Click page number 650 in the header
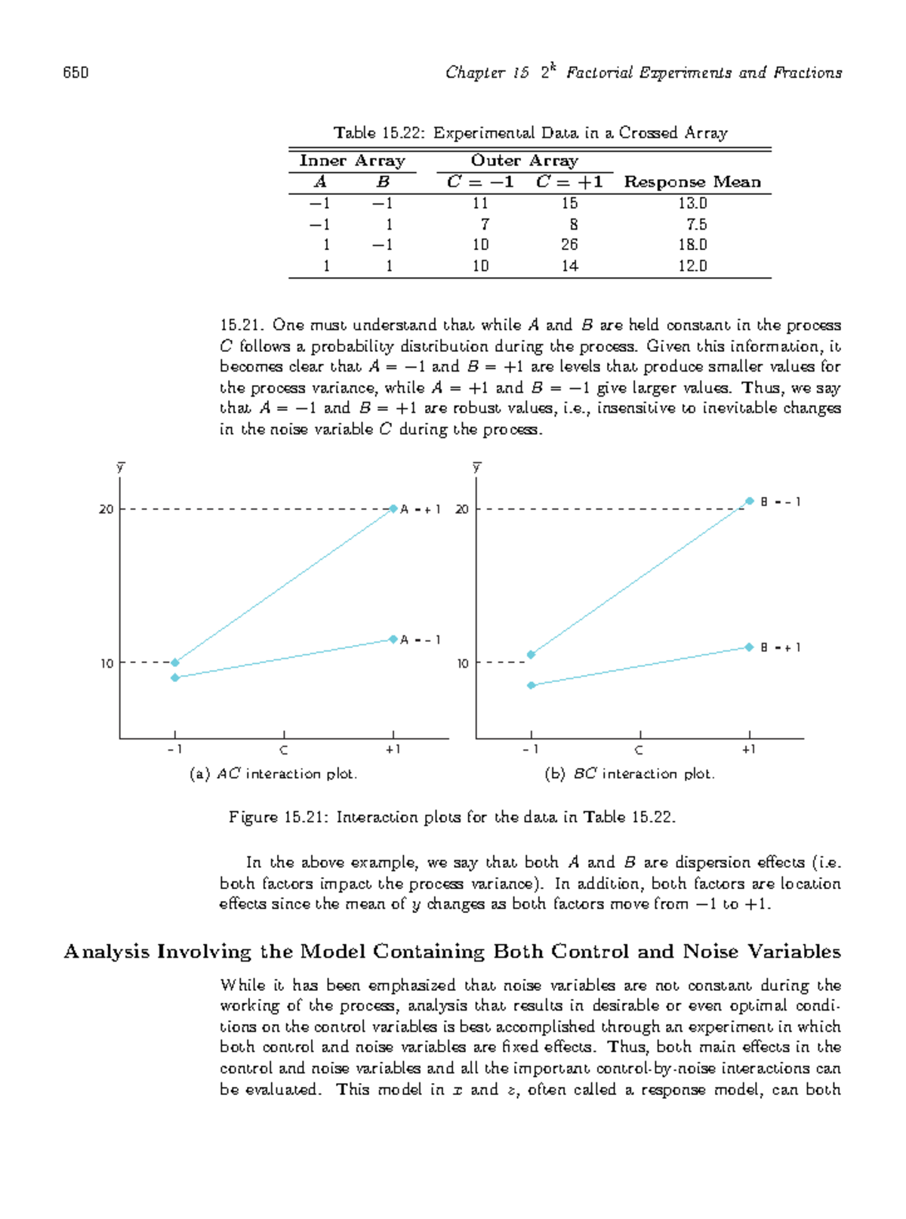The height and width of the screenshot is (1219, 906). (x=75, y=73)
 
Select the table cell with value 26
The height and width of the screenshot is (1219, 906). (x=569, y=245)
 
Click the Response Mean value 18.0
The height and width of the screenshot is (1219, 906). (x=692, y=245)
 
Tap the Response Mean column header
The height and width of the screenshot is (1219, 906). (x=692, y=182)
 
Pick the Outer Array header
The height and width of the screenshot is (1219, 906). (x=525, y=161)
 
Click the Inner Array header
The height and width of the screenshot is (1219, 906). (x=352, y=161)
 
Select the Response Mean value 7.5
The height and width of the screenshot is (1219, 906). (x=696, y=224)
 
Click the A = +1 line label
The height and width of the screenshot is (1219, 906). (x=420, y=510)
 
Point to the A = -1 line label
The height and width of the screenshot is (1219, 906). (x=420, y=640)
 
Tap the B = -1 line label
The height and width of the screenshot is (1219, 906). (x=780, y=502)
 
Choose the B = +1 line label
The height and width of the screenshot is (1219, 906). (x=780, y=648)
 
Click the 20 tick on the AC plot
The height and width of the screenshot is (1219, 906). (x=106, y=510)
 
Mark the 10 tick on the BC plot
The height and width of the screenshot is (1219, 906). (x=462, y=664)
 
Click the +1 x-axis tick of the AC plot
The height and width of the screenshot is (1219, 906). (x=393, y=750)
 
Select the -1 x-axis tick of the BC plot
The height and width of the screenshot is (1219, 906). (x=531, y=750)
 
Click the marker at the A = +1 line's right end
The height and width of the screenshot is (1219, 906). (x=393, y=509)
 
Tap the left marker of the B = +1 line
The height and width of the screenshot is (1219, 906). (x=532, y=686)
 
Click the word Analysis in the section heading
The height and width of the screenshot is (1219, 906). (x=106, y=952)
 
